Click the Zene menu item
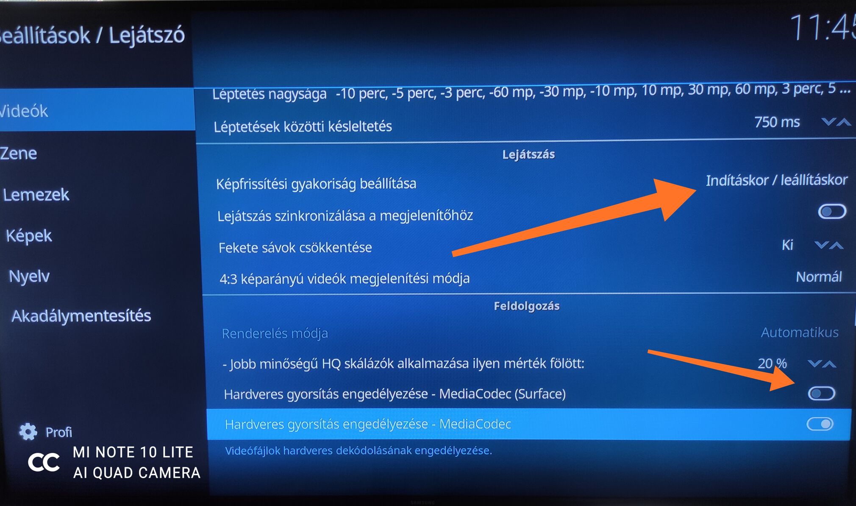pos(19,153)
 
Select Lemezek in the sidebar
pos(36,195)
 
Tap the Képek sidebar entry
pos(29,236)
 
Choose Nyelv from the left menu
pos(29,277)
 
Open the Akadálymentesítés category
pos(81,316)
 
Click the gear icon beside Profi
pos(28,431)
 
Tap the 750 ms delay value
pos(777,122)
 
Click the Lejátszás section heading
pos(528,154)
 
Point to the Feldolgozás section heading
pos(527,306)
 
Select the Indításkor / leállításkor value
pos(776,180)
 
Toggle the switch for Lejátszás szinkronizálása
pos(832,211)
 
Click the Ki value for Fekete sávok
pos(787,245)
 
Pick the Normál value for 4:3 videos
pos(819,277)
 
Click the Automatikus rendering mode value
pos(800,332)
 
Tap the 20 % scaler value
pos(772,363)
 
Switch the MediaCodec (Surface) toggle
pos(821,394)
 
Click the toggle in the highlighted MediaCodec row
pos(820,424)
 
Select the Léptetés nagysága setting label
pos(270,94)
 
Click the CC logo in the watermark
pos(44,462)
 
